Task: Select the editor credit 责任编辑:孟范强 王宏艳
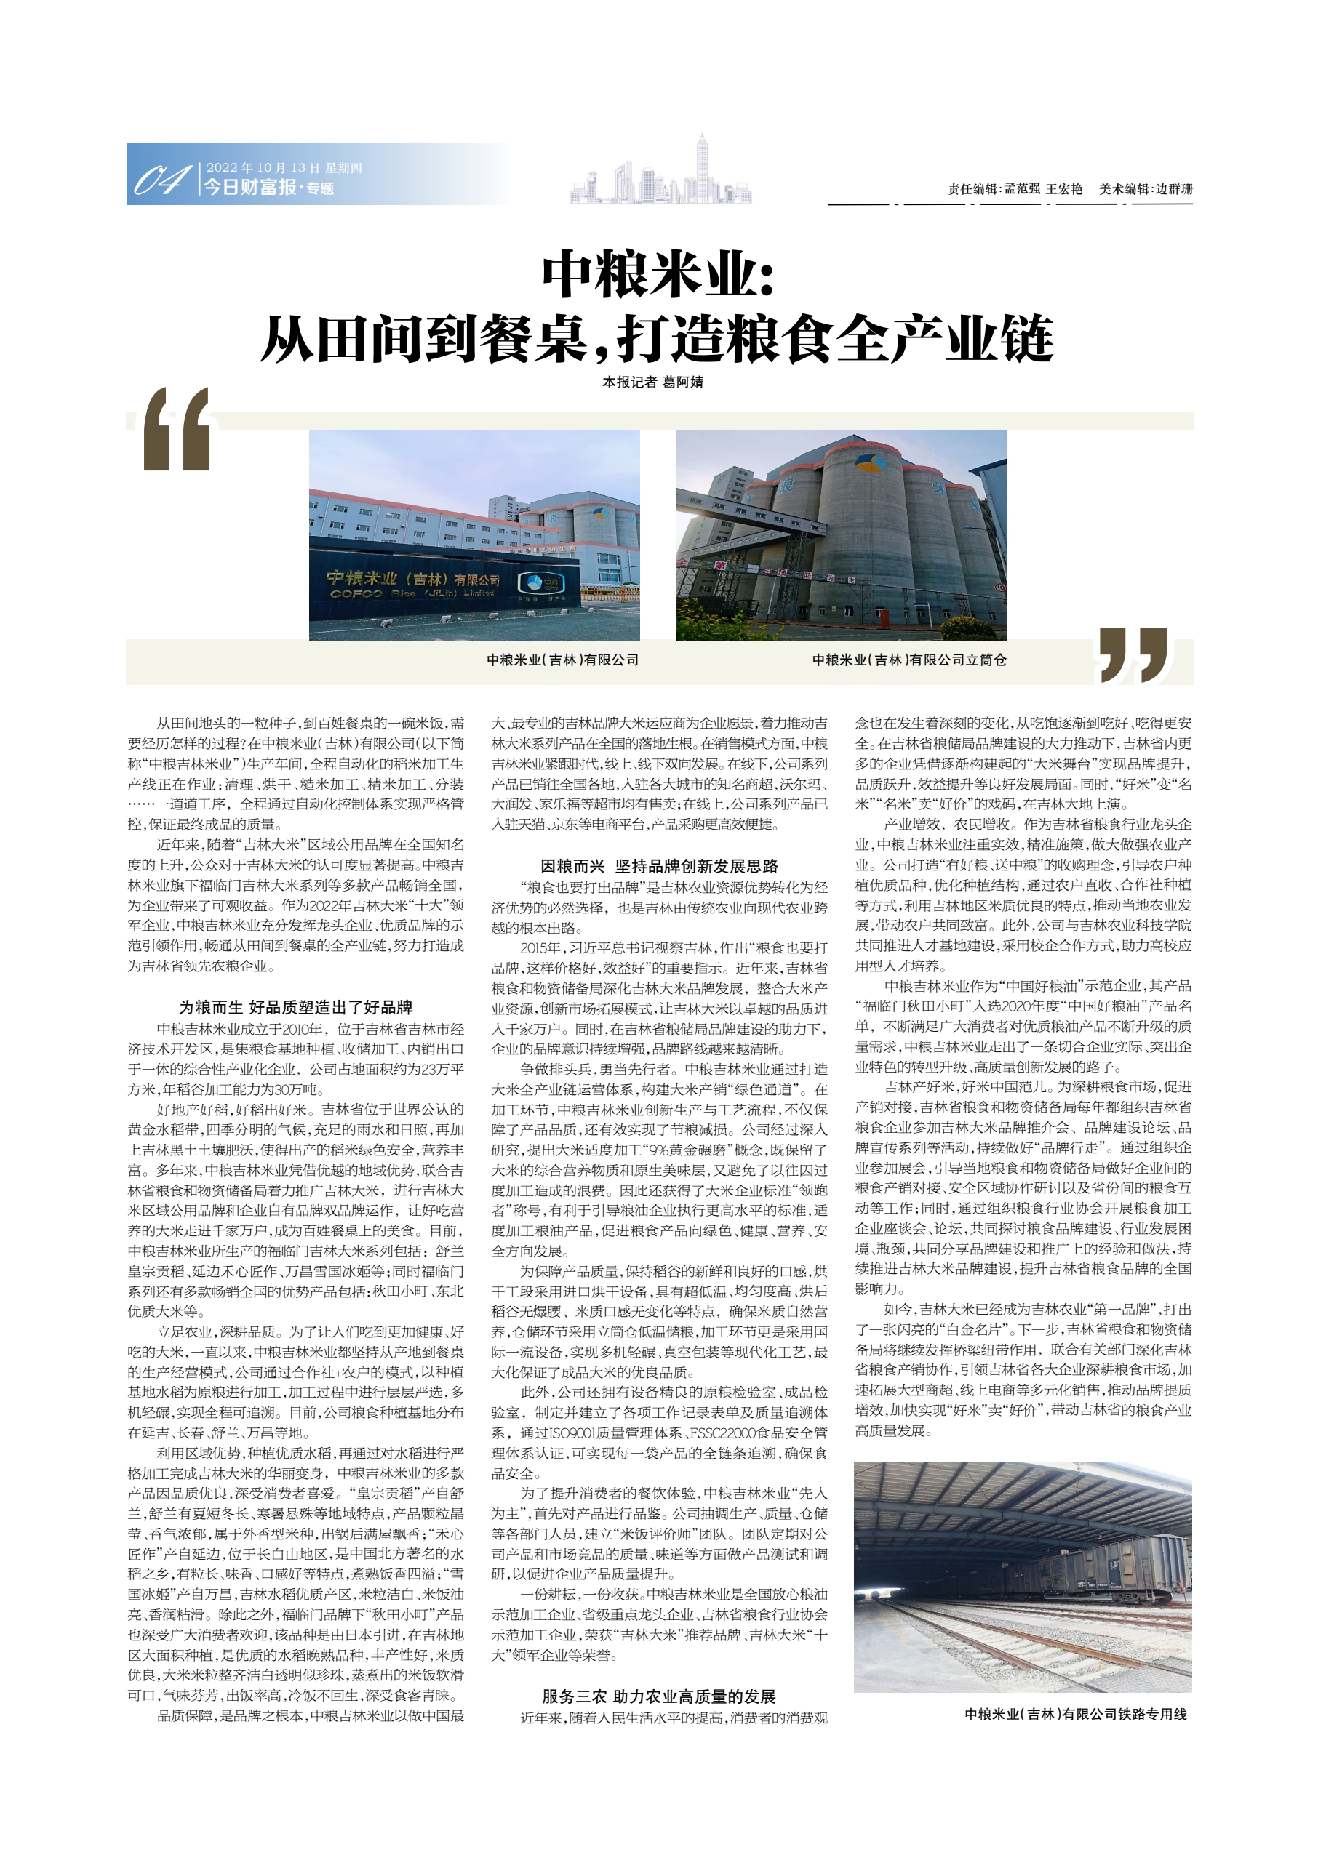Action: (x=1015, y=189)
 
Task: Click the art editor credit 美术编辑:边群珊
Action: (x=1146, y=189)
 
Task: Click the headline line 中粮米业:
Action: (x=658, y=274)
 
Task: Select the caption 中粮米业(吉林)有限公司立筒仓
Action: (x=909, y=660)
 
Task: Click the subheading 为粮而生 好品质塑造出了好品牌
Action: (x=295, y=1007)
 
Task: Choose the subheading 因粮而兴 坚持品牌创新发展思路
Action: (x=659, y=866)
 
